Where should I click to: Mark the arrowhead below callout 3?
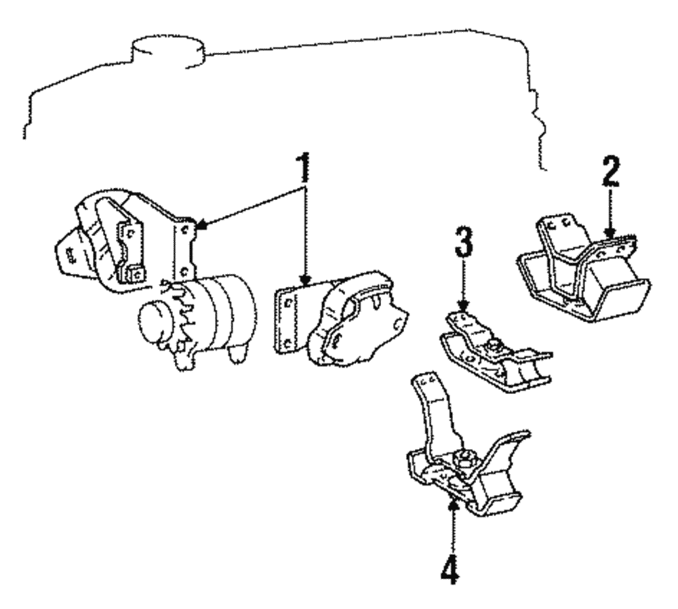click(x=462, y=307)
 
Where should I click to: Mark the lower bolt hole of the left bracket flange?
click(x=184, y=269)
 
